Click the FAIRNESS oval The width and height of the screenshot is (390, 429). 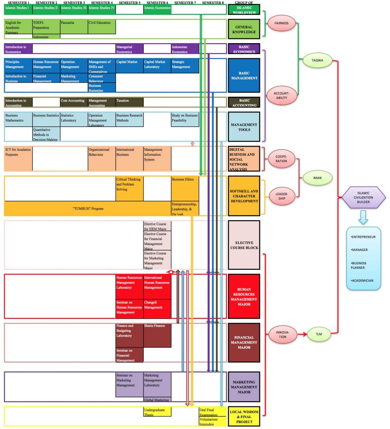[282, 23]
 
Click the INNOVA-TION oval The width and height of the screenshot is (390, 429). [282, 334]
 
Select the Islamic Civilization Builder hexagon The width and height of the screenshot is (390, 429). [363, 197]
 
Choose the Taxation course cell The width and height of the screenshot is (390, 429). [129, 101]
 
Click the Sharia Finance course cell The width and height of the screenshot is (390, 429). [157, 335]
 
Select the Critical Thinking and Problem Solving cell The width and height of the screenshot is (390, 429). [129, 188]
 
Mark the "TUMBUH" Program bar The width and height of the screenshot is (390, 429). [87, 208]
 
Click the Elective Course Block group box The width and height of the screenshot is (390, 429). [244, 245]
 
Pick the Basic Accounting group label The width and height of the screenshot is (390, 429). [244, 103]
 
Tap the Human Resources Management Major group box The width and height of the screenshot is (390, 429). [244, 296]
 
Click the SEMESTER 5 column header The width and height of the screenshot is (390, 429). [129, 3]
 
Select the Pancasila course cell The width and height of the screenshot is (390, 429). [74, 26]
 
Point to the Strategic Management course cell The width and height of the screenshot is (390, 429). [185, 66]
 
